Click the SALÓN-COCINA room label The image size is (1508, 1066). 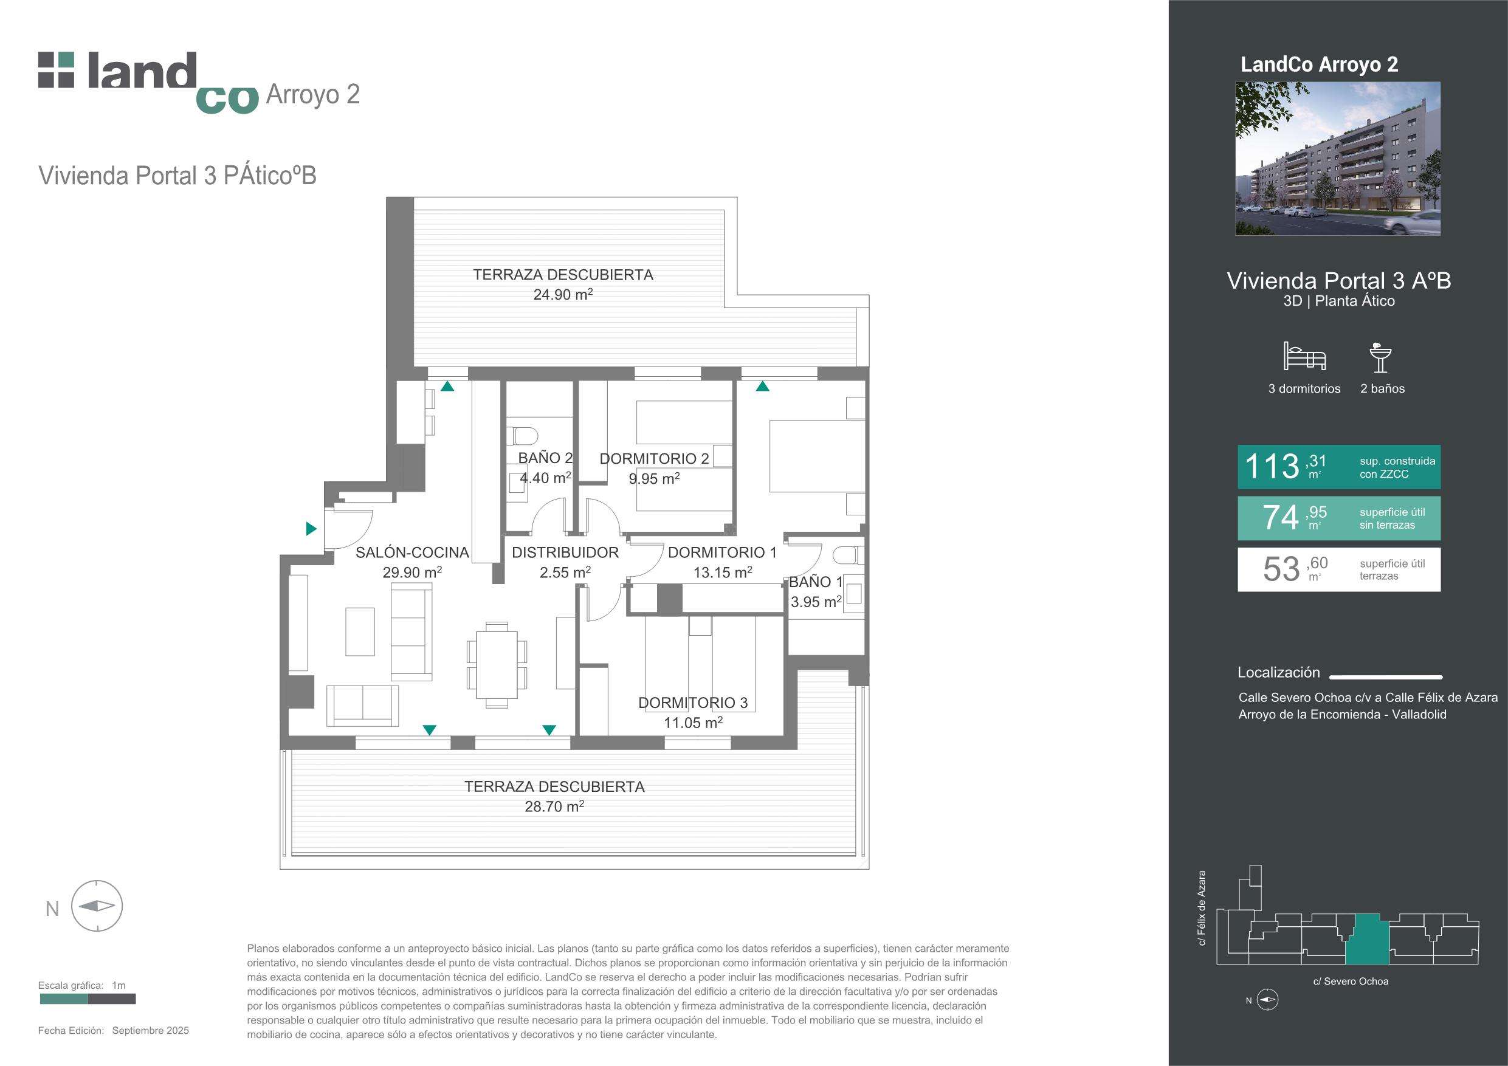[x=413, y=552]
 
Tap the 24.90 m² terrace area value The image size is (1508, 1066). [x=563, y=294]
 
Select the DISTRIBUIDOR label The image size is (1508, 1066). [x=565, y=552]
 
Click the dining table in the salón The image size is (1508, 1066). [x=497, y=664]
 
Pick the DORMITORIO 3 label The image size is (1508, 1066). [x=693, y=703]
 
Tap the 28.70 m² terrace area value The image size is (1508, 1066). [x=554, y=806]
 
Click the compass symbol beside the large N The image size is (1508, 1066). [x=97, y=906]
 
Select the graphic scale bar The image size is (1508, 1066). [x=88, y=999]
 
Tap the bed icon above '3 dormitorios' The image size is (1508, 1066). [x=1304, y=357]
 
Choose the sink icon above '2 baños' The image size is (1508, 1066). [x=1380, y=357]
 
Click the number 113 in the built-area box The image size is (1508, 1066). [x=1272, y=467]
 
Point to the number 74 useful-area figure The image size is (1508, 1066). [x=1281, y=517]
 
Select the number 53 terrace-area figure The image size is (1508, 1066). [x=1281, y=569]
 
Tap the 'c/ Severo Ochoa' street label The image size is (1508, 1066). [x=1351, y=982]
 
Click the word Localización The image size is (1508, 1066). [x=1279, y=672]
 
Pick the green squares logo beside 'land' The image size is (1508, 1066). [x=57, y=70]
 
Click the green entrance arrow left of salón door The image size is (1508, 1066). [x=312, y=528]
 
